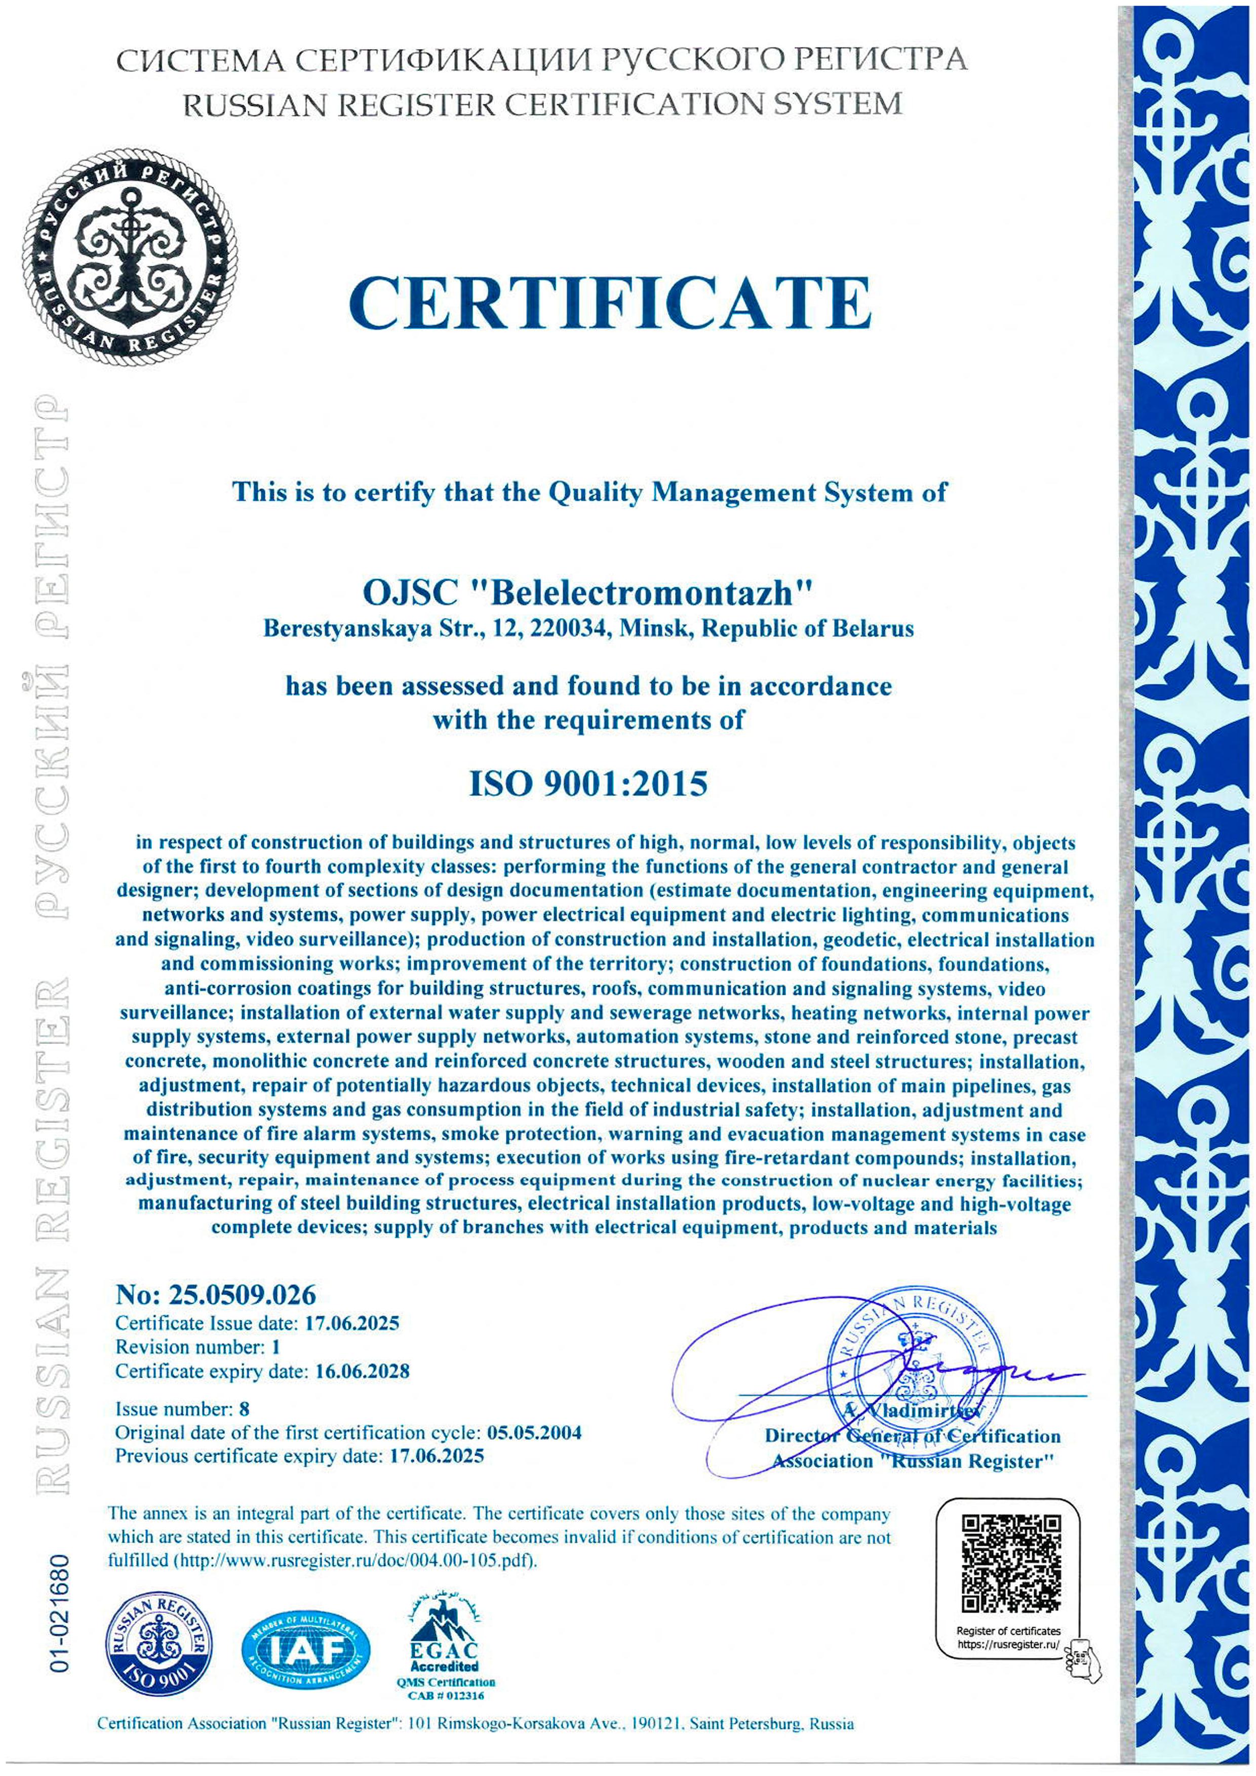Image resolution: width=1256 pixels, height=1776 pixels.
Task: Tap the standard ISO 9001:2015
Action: click(x=588, y=784)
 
